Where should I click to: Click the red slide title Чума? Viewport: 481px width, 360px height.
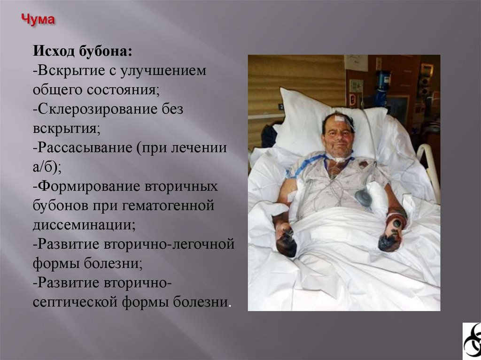click(x=39, y=20)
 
